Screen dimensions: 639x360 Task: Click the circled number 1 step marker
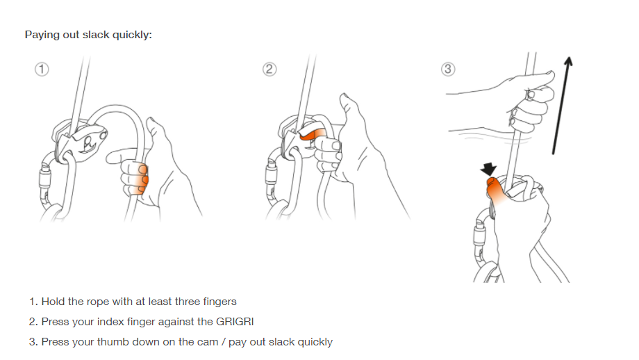[42, 69]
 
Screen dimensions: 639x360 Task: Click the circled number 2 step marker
[269, 69]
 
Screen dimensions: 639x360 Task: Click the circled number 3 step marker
[448, 69]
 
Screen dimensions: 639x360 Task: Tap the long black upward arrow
[562, 105]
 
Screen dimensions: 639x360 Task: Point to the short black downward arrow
[488, 169]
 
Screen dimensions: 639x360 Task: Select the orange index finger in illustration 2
[313, 135]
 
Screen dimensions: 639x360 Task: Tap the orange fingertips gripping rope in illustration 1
[141, 178]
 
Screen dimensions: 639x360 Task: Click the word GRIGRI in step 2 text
[235, 322]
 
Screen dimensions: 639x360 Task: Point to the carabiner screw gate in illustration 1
[46, 176]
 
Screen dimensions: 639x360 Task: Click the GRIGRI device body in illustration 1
[81, 140]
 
